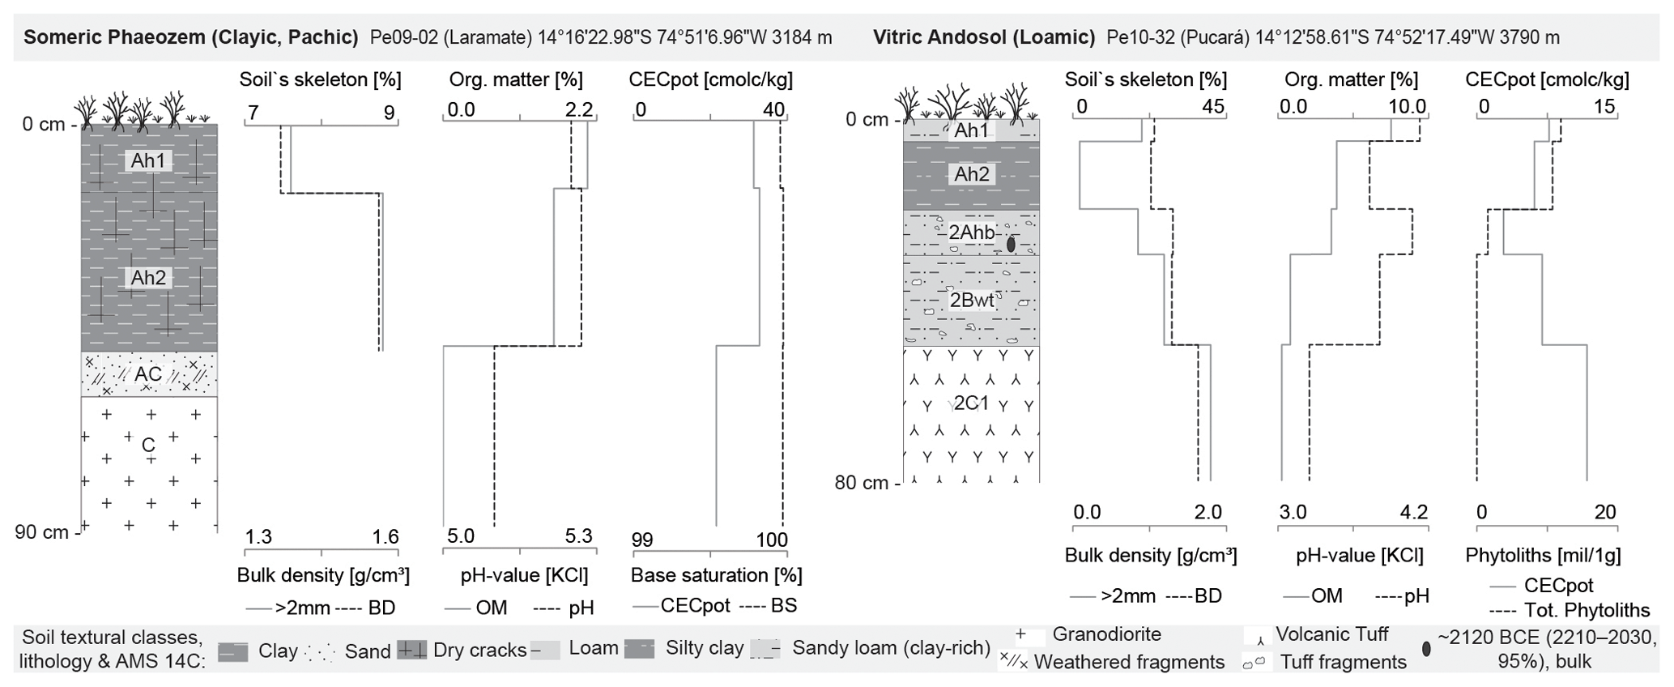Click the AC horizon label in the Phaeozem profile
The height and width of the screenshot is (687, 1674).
(x=148, y=374)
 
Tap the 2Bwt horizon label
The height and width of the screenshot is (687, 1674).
(x=972, y=301)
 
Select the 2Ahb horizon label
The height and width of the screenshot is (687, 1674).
(x=972, y=233)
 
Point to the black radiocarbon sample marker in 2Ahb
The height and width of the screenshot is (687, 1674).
(x=1011, y=244)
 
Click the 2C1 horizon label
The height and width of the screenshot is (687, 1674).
(x=971, y=403)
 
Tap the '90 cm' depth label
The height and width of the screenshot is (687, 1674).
(x=42, y=532)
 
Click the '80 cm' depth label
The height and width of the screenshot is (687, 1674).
(x=862, y=483)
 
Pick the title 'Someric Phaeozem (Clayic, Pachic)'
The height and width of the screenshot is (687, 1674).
(x=191, y=36)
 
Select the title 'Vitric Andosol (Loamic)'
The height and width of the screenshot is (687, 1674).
(x=984, y=36)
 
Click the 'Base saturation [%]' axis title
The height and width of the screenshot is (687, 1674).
(x=716, y=575)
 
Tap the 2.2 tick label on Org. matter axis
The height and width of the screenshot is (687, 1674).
(x=578, y=110)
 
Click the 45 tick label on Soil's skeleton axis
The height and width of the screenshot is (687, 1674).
(x=1212, y=107)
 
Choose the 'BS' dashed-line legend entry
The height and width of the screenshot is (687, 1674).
(x=783, y=606)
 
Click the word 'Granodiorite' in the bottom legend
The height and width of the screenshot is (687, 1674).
(x=1106, y=634)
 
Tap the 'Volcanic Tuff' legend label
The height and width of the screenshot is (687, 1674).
(x=1331, y=634)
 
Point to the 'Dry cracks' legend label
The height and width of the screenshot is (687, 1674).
(x=479, y=650)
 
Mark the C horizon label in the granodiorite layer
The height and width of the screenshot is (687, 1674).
(x=148, y=445)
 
